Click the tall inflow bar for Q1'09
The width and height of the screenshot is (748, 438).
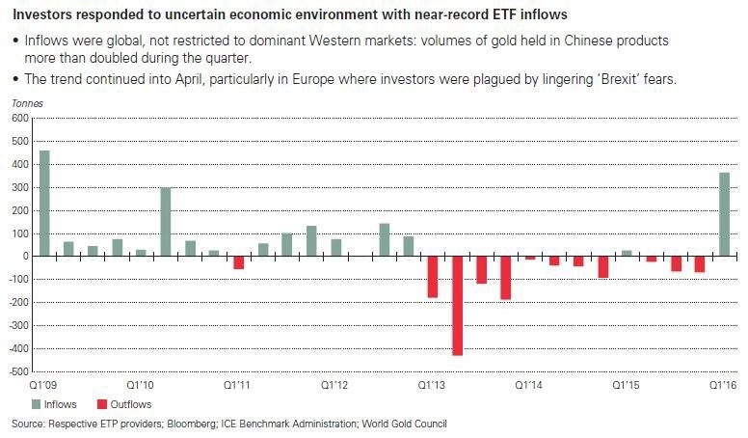[x=44, y=204]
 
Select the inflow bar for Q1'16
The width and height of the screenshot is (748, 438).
[x=724, y=214]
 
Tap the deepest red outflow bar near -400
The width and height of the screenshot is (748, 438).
[x=458, y=306]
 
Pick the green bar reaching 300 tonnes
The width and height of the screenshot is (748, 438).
[x=166, y=222]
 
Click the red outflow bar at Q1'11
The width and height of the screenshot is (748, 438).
[x=238, y=262]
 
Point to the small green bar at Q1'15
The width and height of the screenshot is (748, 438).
[x=627, y=253]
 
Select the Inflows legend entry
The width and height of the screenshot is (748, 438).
[x=54, y=404]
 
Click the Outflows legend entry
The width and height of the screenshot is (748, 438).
[x=124, y=404]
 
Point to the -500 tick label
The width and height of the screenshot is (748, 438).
[x=18, y=371]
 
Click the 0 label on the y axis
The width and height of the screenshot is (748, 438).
[x=25, y=257]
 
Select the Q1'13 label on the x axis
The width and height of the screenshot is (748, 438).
[x=432, y=385]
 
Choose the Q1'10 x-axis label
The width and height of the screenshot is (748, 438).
[x=141, y=385]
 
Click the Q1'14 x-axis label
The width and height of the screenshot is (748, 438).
[x=528, y=385]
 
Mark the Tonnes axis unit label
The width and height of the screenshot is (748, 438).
[x=27, y=103]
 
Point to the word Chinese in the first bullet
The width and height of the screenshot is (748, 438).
[x=588, y=41]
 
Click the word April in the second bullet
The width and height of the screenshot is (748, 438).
[x=188, y=79]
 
